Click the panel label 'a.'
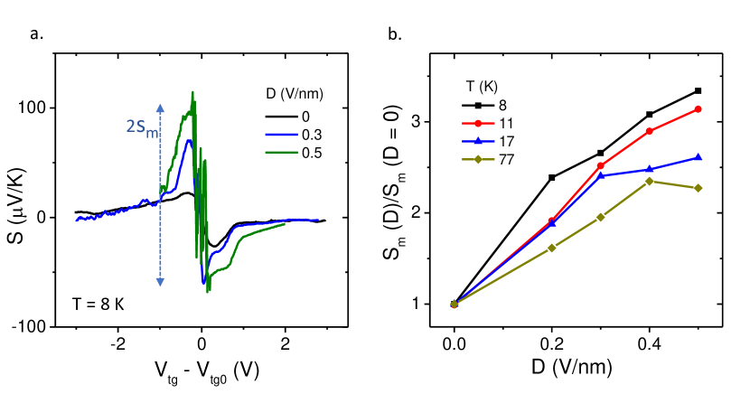click(x=36, y=34)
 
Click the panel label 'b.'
click(x=395, y=34)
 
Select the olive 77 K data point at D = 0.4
click(x=649, y=181)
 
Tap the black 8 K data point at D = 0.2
click(x=551, y=177)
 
